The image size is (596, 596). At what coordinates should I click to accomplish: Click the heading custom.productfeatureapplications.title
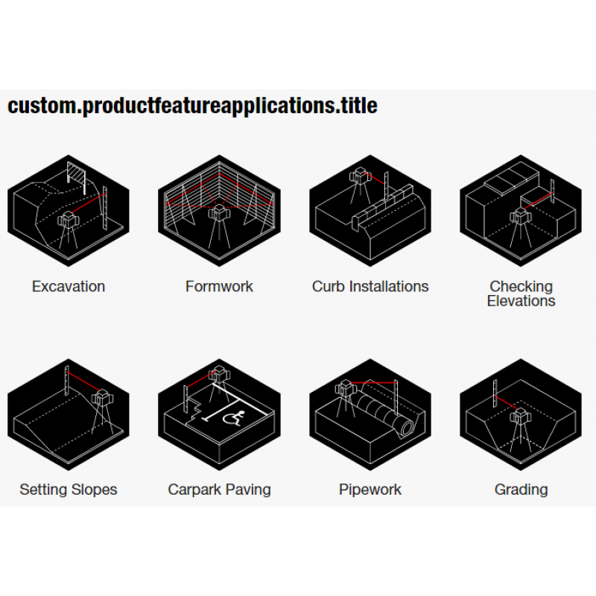192,106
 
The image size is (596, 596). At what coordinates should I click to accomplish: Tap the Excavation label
69,286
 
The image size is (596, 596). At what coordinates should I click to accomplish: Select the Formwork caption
219,286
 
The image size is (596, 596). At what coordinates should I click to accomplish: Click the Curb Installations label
370,286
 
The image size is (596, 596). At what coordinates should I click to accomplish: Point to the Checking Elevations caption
521,294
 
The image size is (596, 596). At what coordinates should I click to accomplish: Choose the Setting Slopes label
69,489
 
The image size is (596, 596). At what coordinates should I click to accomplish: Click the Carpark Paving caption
219,489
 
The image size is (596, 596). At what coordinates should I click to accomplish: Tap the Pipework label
370,489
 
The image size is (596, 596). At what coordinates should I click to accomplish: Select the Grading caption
521,489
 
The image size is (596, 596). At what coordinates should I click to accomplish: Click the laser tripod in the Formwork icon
218,227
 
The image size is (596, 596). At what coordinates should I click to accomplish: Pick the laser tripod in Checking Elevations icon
519,229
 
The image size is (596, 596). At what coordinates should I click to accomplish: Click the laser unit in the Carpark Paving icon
219,375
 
